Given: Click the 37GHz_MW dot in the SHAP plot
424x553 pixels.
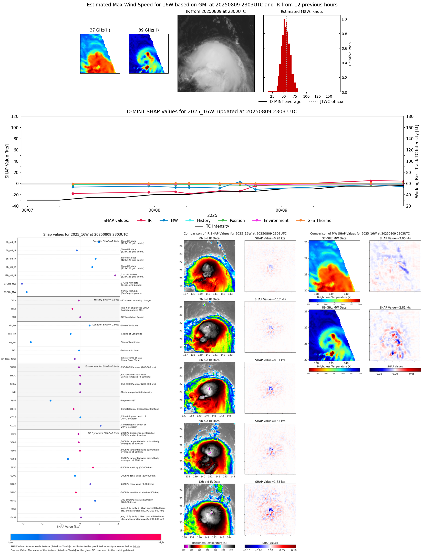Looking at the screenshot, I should click(22, 284).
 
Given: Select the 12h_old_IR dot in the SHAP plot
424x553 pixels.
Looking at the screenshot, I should click(115, 275).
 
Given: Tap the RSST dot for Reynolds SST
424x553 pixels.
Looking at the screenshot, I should click(50, 401).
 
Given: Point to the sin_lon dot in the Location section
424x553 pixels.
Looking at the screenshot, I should click(31, 342).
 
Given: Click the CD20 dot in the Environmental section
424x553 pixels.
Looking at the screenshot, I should click(100, 426).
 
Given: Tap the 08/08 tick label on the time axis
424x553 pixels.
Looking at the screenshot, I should click(154, 210).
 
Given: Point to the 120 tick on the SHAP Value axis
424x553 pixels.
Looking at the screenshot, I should click(15, 116).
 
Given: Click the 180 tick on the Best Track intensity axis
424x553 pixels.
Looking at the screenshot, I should click(410, 116).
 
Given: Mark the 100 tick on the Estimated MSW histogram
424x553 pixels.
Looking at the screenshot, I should click(306, 96).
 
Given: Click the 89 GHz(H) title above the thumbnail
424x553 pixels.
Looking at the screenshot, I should click(149, 30).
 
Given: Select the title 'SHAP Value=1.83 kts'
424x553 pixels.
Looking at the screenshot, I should click(270, 482).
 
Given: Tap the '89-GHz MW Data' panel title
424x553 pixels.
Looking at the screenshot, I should click(334, 308).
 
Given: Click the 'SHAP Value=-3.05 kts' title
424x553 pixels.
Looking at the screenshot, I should click(395, 238).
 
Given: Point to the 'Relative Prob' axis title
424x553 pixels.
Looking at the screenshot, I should click(350, 54).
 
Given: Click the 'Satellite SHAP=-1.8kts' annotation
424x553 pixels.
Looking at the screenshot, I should click(106, 241).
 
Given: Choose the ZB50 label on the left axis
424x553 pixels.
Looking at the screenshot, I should click(13, 467).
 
